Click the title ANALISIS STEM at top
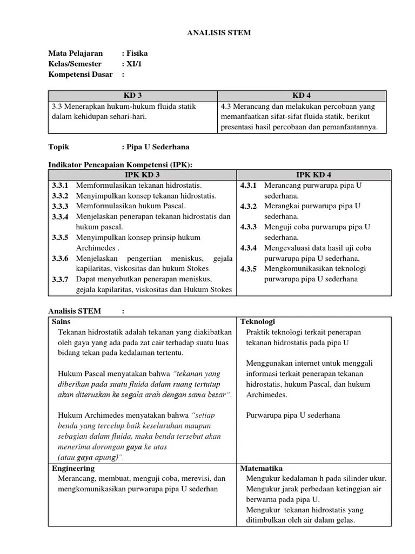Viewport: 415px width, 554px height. pyautogui.click(x=219, y=33)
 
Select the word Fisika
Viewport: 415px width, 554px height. pyautogui.click(x=137, y=54)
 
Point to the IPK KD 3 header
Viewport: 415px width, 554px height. pyautogui.click(x=142, y=175)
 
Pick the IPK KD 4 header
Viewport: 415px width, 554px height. pyautogui.click(x=314, y=175)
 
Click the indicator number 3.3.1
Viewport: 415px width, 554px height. pyautogui.click(x=60, y=186)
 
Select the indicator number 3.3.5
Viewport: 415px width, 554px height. pyautogui.click(x=60, y=238)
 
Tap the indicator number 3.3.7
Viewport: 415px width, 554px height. pyautogui.click(x=60, y=280)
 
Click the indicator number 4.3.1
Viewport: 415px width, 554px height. pyautogui.click(x=249, y=186)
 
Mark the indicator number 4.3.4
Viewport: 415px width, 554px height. pyautogui.click(x=249, y=248)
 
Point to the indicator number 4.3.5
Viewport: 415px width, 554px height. pyautogui.click(x=249, y=269)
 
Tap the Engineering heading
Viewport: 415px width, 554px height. pyautogui.click(x=72, y=468)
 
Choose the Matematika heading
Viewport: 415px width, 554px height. pyautogui.click(x=261, y=468)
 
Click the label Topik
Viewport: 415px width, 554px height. pyautogui.click(x=59, y=147)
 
